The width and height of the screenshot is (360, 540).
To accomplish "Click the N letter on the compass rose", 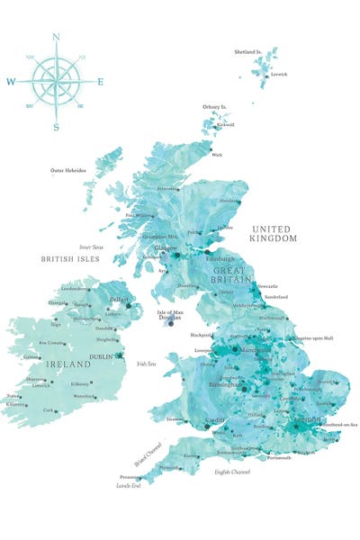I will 56,37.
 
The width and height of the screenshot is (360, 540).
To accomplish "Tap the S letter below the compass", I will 56,127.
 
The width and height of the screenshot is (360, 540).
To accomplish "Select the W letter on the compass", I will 11,82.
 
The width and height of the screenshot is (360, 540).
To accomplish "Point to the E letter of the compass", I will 100,82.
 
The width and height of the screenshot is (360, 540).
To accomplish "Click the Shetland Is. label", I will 247,52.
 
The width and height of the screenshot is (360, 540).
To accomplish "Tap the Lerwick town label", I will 279,75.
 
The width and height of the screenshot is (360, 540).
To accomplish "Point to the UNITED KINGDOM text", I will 274,234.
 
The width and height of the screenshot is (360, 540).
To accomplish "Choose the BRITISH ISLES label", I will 69,258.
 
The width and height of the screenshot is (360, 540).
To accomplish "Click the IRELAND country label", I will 68,364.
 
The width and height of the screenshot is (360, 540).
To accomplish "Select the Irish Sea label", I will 147,364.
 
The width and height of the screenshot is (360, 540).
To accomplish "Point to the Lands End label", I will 130,486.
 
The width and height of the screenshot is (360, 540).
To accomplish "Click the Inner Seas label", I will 92,246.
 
